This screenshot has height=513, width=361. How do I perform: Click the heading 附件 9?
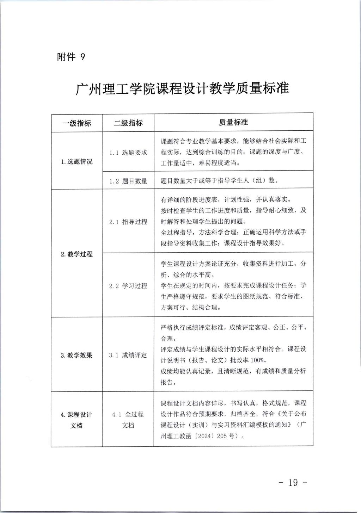point(71,57)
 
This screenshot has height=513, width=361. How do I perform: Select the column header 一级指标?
point(77,123)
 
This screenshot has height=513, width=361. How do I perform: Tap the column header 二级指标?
point(128,123)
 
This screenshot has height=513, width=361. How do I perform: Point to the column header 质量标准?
point(233,122)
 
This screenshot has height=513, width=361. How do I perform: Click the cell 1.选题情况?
point(77,162)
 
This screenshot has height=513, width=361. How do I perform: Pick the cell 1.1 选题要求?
point(128,153)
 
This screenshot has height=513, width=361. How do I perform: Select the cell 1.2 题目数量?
point(128,181)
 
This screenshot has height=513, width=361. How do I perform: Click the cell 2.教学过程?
point(77,254)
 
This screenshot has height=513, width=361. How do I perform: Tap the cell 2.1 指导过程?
point(128,222)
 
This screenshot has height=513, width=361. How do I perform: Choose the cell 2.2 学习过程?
point(128,286)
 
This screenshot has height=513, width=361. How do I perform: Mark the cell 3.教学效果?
point(77,355)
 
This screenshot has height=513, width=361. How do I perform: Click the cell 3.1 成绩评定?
point(128,355)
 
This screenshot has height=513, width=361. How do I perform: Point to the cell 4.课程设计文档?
point(77,420)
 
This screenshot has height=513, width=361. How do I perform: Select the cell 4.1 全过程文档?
point(128,420)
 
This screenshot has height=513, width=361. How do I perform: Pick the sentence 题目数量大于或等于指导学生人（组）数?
point(219,181)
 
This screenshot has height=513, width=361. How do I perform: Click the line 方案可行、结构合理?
point(191,308)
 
